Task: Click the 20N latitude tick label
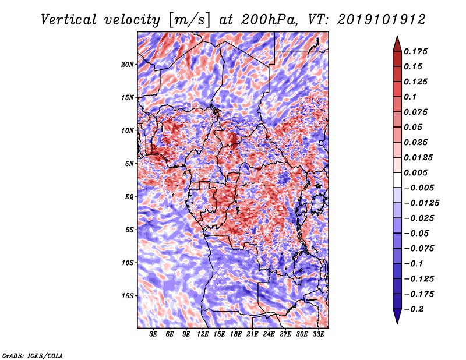point(128,65)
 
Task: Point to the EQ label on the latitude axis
point(129,197)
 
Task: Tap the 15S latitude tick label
point(128,296)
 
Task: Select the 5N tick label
point(129,164)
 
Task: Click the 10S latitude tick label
point(128,263)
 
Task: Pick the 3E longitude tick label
point(153,334)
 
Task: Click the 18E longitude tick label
point(236,334)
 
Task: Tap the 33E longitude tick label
point(318,334)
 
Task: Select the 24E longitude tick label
point(269,334)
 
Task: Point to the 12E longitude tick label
point(203,334)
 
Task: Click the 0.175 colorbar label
point(416,51)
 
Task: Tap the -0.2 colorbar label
point(414,309)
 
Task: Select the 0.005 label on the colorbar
point(416,172)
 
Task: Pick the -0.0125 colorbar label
point(422,203)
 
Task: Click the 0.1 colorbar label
point(411,97)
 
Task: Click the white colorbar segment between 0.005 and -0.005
point(397,180)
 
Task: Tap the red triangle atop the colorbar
point(397,44)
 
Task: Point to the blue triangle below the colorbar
point(397,316)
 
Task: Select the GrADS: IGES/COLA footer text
point(33,356)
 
